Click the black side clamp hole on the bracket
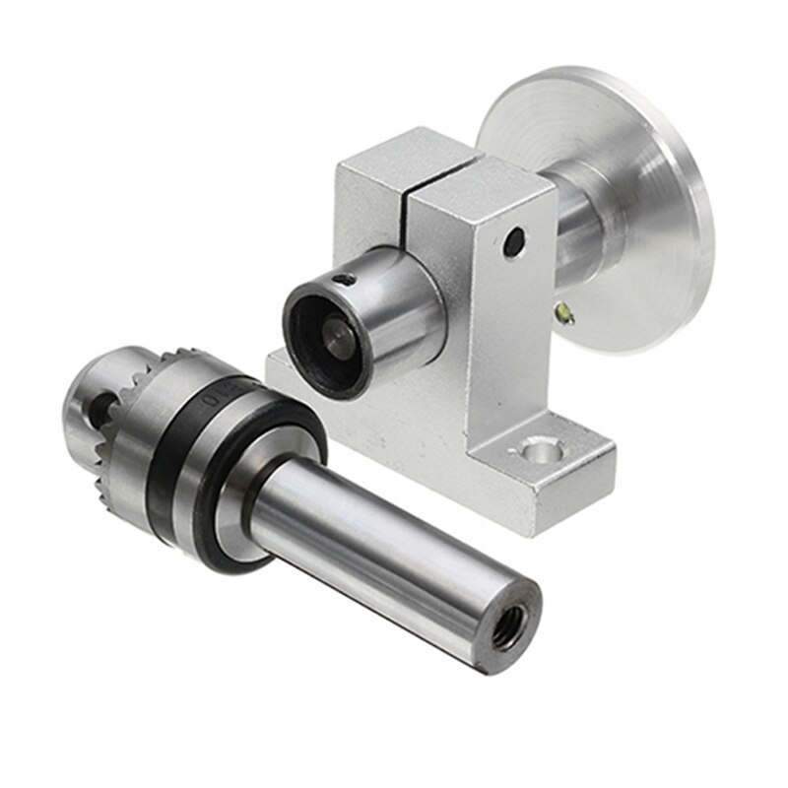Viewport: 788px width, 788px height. pyautogui.click(x=512, y=240)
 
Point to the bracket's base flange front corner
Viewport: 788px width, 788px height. pyautogui.click(x=532, y=522)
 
